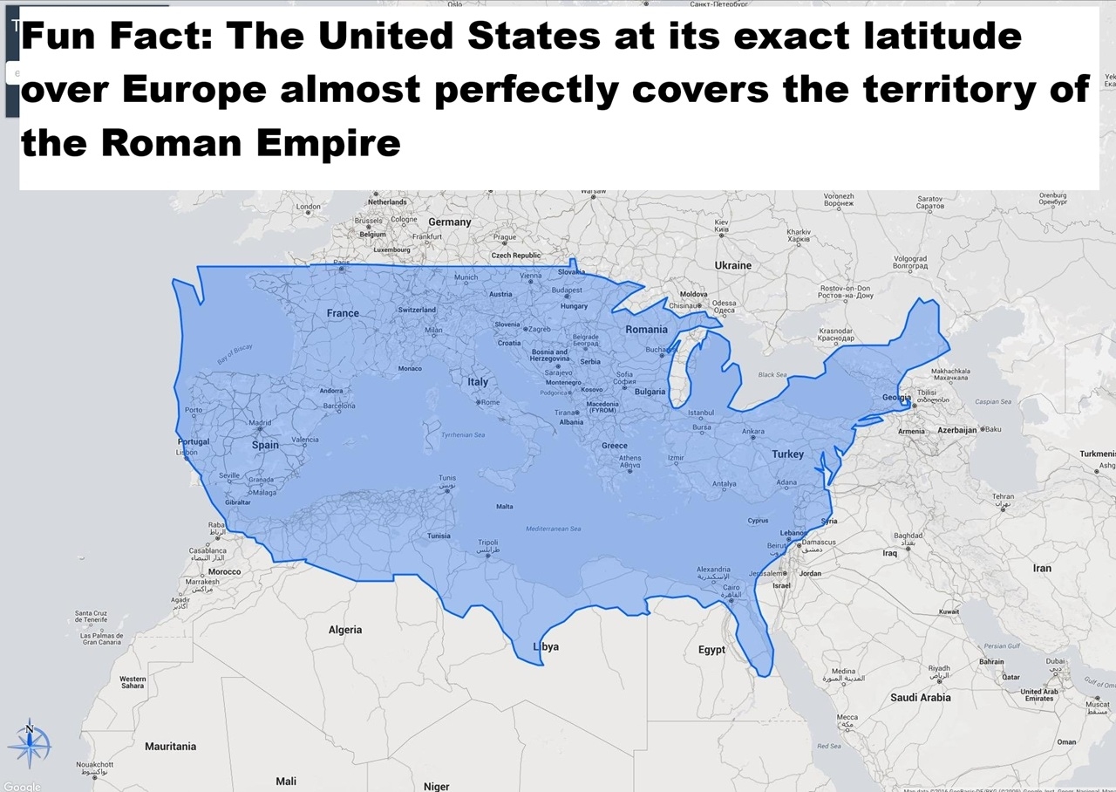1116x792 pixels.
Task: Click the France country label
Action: (343, 313)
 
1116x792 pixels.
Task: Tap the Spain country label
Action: (265, 445)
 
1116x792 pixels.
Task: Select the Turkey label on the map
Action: (787, 454)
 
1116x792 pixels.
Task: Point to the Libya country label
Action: (546, 646)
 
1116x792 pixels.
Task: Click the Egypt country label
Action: (711, 650)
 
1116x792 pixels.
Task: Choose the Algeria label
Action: (345, 630)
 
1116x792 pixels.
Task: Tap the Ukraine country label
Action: (732, 265)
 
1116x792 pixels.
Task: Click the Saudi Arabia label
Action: (921, 698)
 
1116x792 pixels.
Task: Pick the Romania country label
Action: (646, 330)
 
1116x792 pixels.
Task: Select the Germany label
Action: (450, 222)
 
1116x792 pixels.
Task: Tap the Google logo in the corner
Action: (22, 786)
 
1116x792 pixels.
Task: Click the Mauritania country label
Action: (170, 747)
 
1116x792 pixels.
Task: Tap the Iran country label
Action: (1042, 568)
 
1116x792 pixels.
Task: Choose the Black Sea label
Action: (772, 375)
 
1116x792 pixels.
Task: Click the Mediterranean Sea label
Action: (553, 529)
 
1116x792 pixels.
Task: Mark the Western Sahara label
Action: (133, 682)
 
